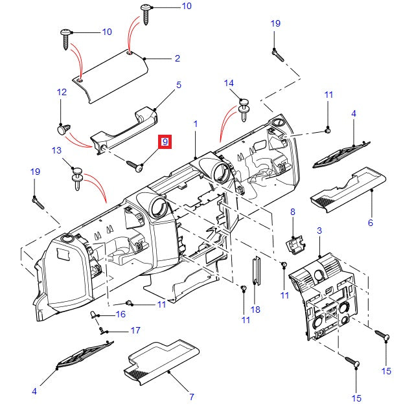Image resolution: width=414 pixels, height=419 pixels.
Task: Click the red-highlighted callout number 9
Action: [x=165, y=142]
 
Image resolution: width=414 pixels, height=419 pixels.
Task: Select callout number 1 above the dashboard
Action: [x=195, y=123]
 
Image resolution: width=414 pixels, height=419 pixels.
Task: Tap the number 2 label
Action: [x=177, y=59]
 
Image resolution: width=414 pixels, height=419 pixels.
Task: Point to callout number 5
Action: [x=178, y=85]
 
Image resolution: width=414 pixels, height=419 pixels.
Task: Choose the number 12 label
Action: [x=62, y=93]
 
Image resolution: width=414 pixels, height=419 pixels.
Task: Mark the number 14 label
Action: [x=229, y=83]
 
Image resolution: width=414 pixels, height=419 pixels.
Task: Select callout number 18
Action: [x=255, y=310]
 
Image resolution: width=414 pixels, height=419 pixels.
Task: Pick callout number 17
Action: [x=135, y=330]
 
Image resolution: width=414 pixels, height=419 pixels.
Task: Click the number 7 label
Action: [x=191, y=396]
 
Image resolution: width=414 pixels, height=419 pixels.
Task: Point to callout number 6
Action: [x=370, y=223]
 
